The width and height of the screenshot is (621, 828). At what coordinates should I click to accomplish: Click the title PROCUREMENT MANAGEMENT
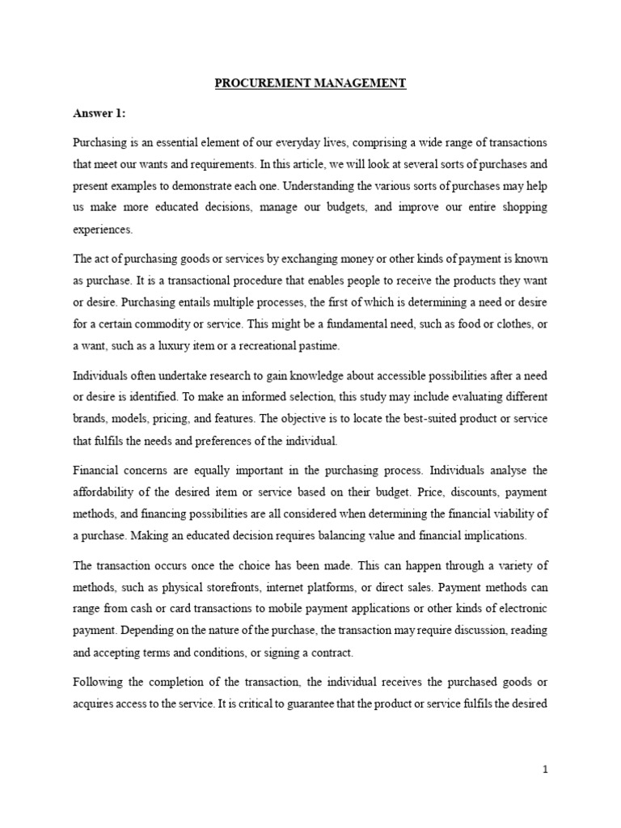click(x=310, y=83)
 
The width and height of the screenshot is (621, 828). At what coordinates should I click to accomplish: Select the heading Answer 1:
click(x=95, y=113)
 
